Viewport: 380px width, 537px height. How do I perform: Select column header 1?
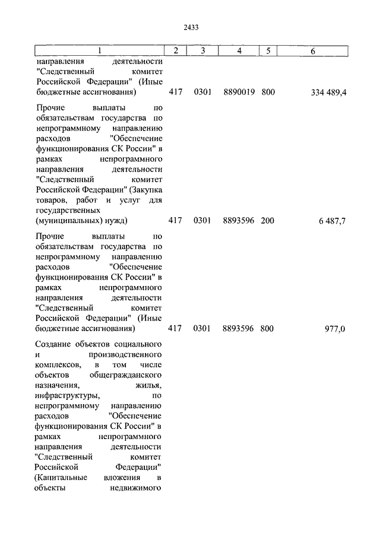coord(99,51)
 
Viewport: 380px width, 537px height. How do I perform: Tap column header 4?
coord(239,51)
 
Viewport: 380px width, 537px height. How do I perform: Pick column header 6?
coord(312,51)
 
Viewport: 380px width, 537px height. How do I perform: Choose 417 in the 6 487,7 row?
coord(175,221)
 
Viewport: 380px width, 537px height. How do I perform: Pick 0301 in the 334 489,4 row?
coord(202,93)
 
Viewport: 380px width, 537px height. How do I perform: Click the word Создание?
coord(55,344)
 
